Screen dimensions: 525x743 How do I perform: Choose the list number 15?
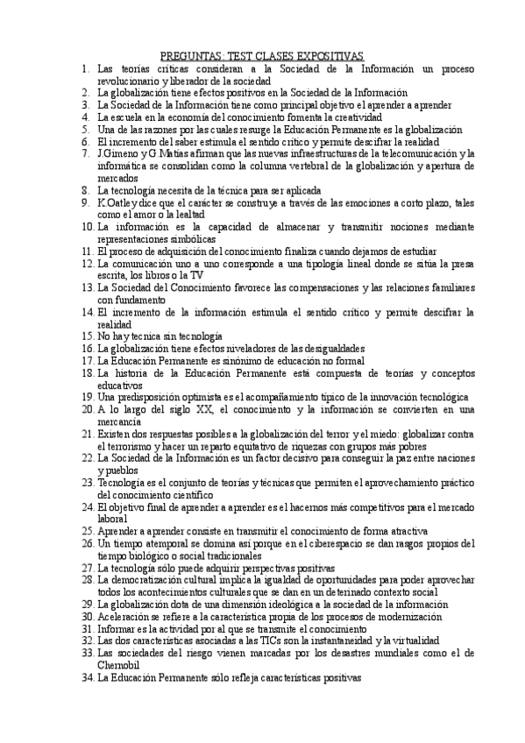click(87, 336)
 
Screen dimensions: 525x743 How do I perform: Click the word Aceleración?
click(124, 617)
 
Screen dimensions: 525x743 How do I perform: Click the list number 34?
click(87, 677)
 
